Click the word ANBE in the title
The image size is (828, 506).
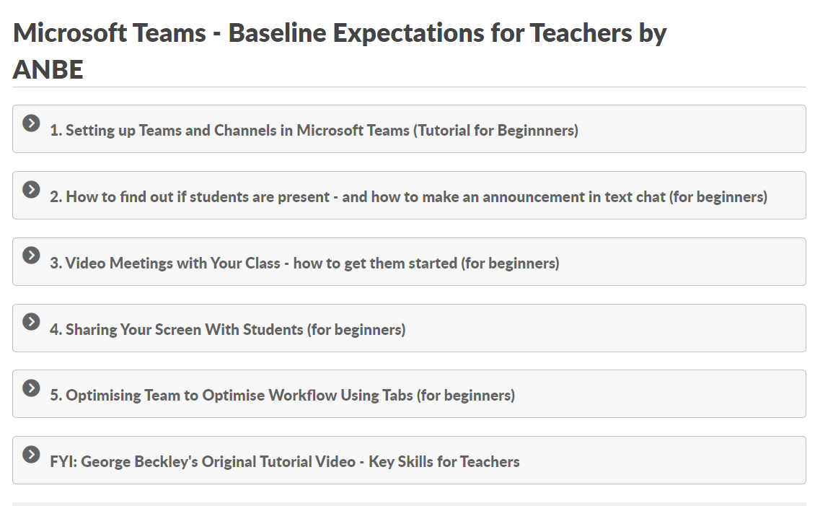tap(48, 70)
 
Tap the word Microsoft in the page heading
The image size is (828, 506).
tap(70, 32)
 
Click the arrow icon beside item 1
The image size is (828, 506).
tap(31, 123)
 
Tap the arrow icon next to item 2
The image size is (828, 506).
tap(31, 189)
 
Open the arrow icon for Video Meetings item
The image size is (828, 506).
tap(31, 256)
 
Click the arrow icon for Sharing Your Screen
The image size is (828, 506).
tap(31, 321)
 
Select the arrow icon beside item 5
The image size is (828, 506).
tap(31, 388)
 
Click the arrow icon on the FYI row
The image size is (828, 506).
tap(31, 454)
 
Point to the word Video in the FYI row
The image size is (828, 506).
tap(335, 461)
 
